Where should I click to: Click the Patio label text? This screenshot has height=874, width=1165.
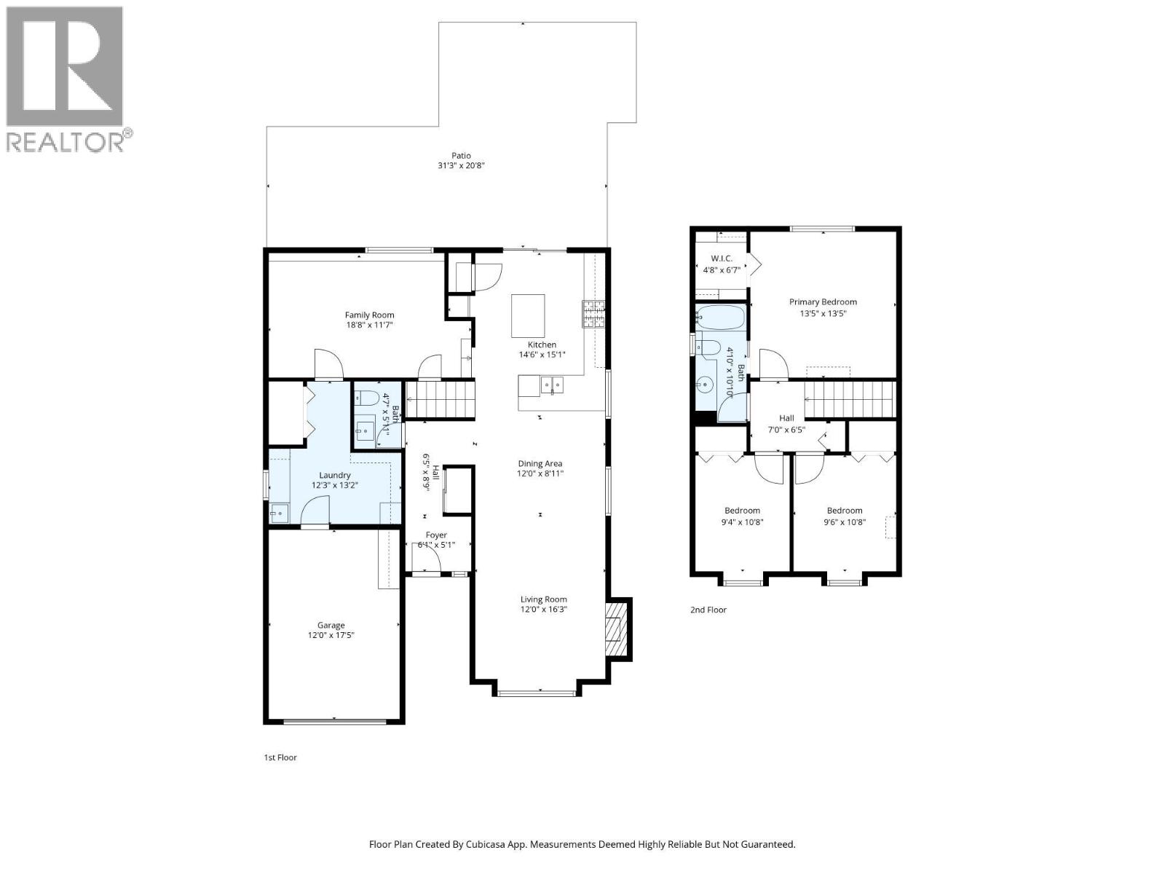461,155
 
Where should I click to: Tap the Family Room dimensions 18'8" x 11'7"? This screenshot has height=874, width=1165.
370,326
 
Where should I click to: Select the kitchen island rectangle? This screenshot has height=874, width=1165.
528,315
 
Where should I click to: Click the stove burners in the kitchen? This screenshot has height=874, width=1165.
593,313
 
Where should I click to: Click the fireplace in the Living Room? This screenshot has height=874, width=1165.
616,629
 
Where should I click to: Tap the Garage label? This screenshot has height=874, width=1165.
331,625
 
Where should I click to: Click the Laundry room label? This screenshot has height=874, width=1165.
335,475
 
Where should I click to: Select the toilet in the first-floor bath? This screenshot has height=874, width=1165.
366,398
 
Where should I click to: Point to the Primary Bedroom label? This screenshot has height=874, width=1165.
823,302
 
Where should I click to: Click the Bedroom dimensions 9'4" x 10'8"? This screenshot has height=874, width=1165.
743,521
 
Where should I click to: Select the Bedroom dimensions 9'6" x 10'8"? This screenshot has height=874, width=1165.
845,521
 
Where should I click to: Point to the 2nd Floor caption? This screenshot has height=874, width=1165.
708,610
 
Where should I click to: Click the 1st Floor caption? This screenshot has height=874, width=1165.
280,757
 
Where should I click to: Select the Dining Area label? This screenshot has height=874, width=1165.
540,463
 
